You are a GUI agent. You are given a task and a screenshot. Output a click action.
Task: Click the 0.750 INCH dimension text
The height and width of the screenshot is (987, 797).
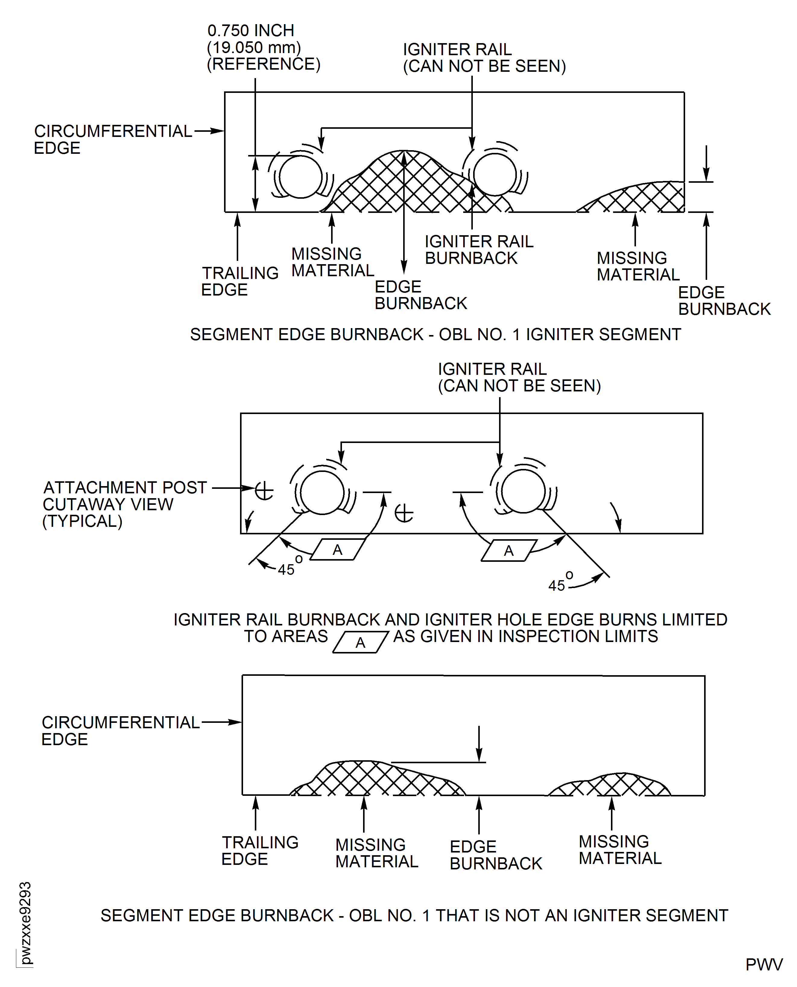point(251,31)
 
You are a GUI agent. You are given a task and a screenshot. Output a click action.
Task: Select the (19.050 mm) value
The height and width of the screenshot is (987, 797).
point(254,47)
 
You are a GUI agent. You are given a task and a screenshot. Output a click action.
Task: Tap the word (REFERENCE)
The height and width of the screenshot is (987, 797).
point(264,64)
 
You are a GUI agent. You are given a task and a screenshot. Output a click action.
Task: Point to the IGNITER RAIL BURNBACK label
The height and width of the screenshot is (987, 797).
point(479,250)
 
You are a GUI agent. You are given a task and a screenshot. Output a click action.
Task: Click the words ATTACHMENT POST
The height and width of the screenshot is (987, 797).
point(125,488)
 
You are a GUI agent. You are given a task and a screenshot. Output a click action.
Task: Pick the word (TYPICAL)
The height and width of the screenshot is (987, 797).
point(82,521)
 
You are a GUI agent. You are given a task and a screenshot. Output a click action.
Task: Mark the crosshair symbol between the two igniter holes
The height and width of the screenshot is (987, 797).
point(404,513)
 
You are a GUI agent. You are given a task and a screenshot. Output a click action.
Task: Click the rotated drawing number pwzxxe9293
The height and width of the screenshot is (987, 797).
point(25,923)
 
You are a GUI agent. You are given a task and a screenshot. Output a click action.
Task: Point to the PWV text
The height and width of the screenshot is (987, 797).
point(764,964)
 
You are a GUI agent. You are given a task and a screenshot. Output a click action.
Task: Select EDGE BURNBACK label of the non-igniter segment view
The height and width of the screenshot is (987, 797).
point(495,855)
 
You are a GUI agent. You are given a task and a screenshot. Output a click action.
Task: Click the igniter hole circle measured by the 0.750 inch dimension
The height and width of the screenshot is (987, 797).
point(300,177)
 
